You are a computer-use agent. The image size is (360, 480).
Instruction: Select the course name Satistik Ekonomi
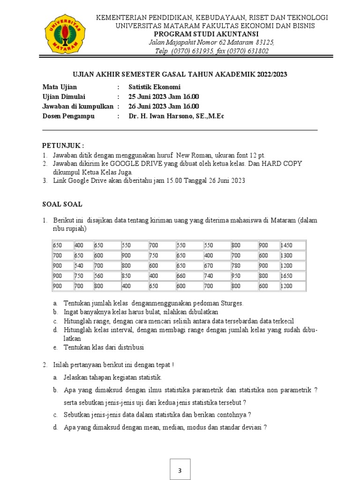154,87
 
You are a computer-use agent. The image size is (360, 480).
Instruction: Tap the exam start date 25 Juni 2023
150,97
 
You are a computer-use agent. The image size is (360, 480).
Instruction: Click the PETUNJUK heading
63,145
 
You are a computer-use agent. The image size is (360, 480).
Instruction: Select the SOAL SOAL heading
62,204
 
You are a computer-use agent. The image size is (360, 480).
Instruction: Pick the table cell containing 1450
292,245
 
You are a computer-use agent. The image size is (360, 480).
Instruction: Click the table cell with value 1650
292,276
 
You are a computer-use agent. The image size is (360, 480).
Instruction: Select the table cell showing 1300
292,255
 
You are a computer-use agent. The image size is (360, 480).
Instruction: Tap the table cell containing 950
243,276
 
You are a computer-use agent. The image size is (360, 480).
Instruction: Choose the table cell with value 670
216,266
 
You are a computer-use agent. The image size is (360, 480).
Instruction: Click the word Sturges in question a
231,303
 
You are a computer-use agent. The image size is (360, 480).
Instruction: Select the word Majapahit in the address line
177,43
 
